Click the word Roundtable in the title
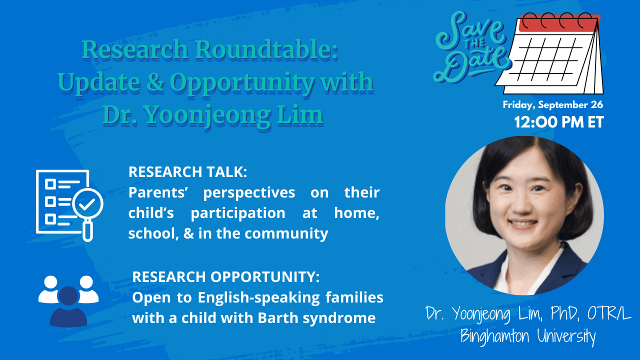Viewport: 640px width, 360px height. (x=266, y=49)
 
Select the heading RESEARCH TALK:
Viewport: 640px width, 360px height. (x=187, y=172)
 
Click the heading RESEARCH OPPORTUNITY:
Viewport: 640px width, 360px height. (x=225, y=277)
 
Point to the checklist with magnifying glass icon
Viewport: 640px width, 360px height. (x=69, y=205)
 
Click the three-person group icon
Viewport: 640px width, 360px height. (x=68, y=301)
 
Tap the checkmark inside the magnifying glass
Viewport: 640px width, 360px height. (x=87, y=203)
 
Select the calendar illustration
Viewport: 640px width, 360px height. (x=549, y=53)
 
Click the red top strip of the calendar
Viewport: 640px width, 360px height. (x=558, y=23)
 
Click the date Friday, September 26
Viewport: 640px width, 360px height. (x=553, y=105)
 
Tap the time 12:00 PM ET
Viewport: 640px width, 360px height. (x=559, y=122)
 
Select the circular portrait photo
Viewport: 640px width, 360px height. (x=524, y=215)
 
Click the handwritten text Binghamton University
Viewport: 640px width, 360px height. (x=528, y=335)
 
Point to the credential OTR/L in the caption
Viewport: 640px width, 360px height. (x=609, y=313)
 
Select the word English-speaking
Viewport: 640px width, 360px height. (x=259, y=297)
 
